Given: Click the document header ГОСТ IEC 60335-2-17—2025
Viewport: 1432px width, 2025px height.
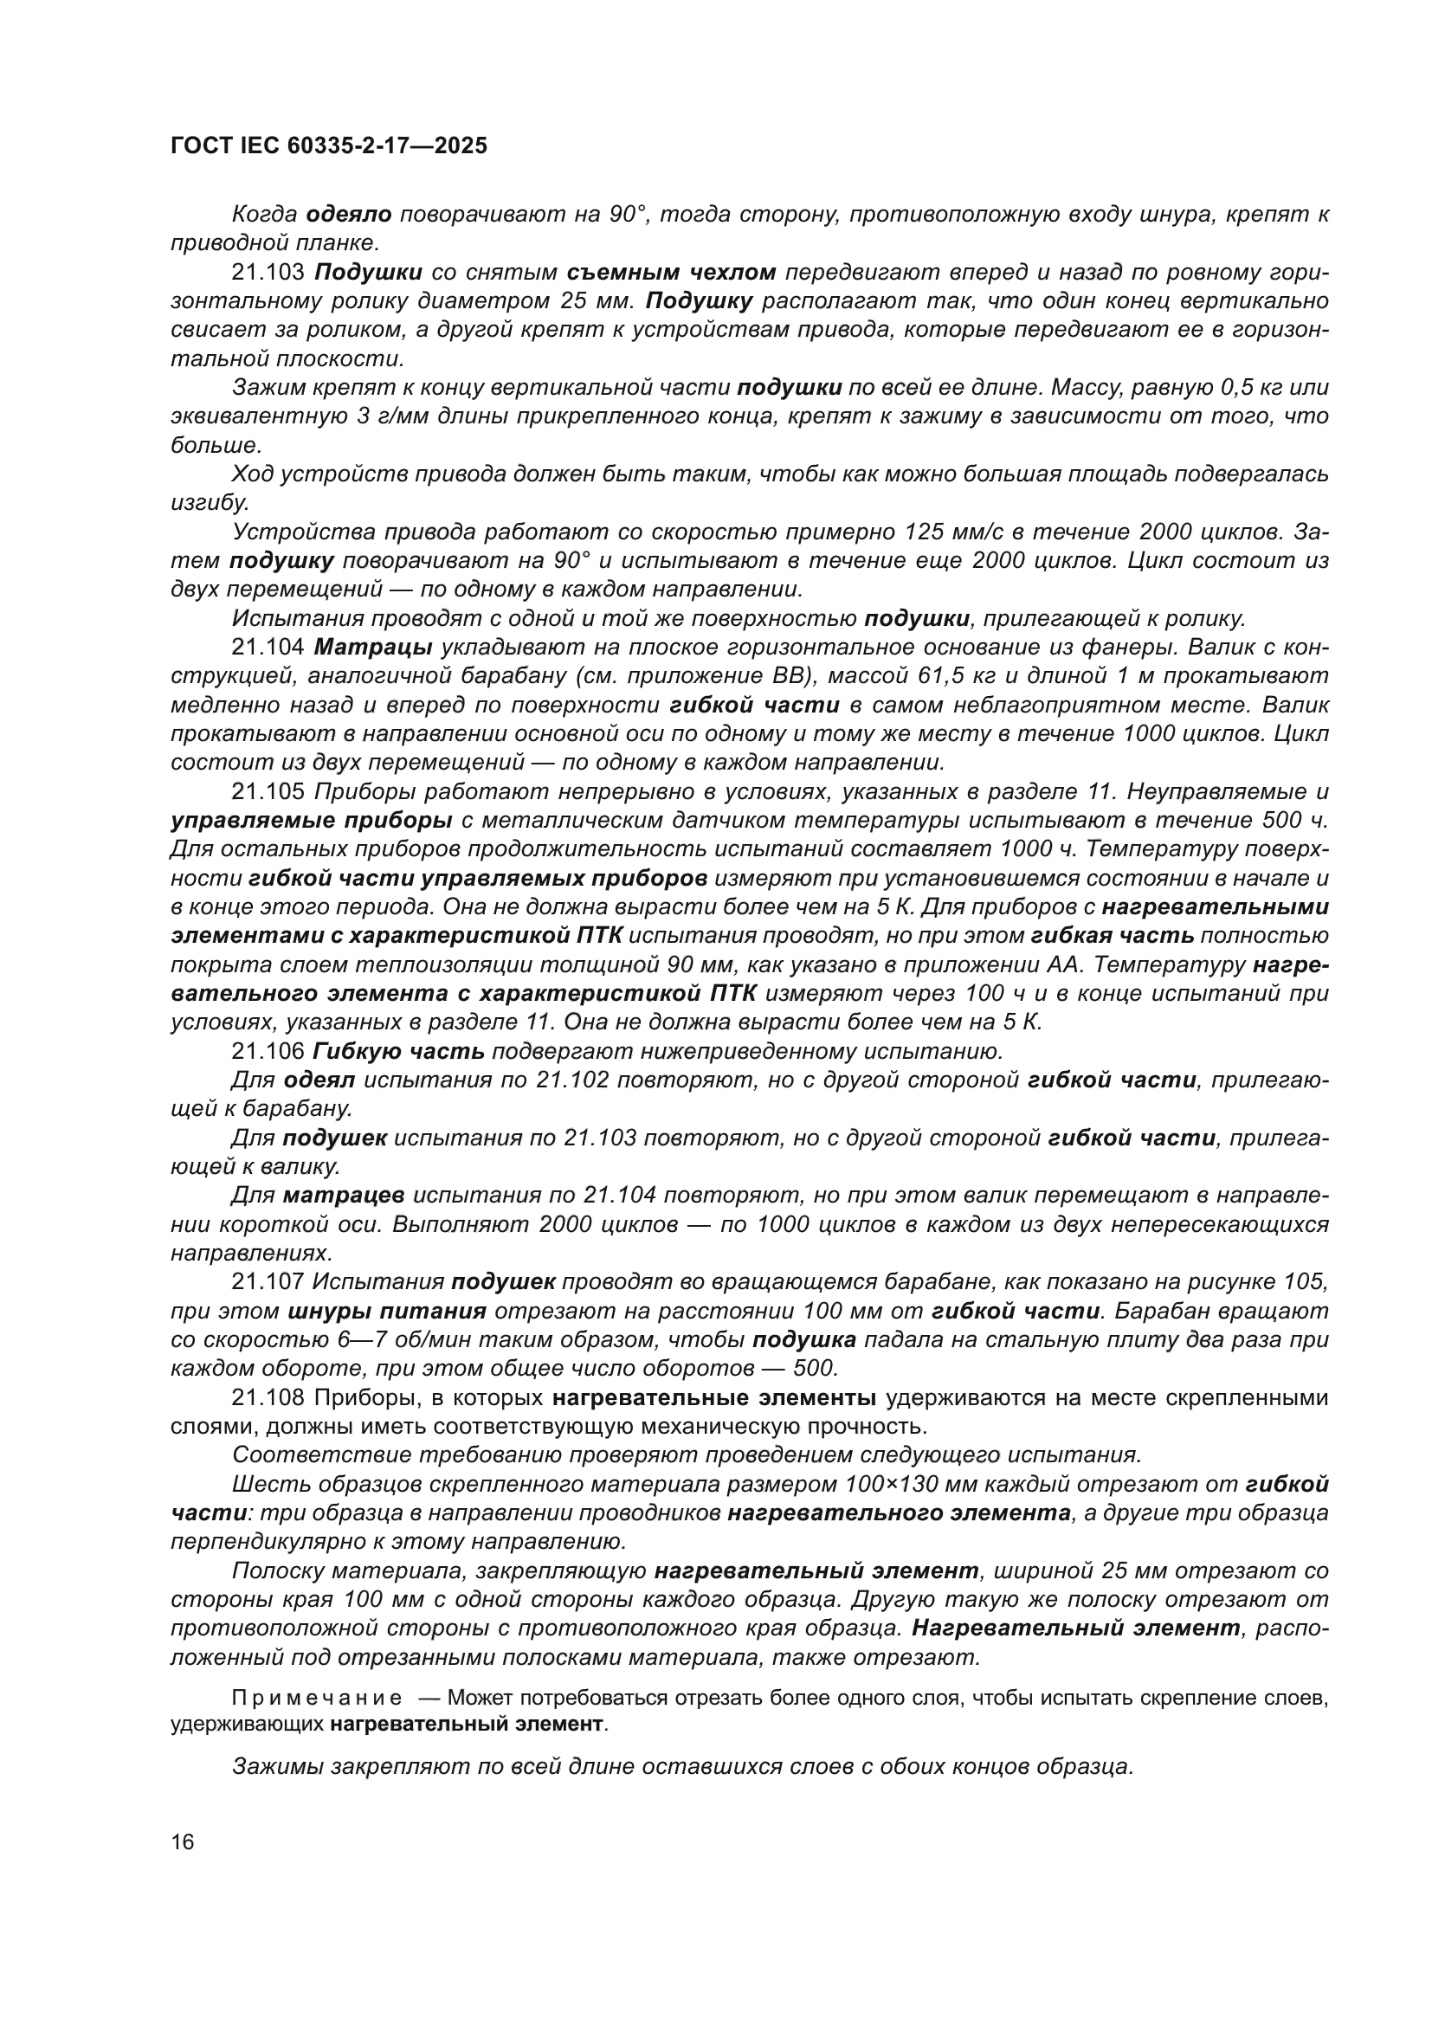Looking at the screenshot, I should pos(329,145).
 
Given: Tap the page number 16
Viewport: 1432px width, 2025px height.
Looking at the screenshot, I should pos(184,1841).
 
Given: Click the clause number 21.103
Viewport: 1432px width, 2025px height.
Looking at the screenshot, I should pos(268,273).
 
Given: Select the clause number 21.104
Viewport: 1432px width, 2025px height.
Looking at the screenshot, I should pos(268,648).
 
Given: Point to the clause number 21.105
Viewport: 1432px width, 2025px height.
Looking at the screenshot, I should pos(268,792).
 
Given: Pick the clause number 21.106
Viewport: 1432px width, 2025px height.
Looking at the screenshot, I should pos(268,1051).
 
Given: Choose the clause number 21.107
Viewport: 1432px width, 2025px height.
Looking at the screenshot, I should pos(268,1282).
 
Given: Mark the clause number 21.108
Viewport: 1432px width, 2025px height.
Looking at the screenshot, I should pos(268,1398).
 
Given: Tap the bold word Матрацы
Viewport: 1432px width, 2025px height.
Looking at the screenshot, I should pos(373,648).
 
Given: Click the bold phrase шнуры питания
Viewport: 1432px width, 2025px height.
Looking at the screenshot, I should pos(387,1312).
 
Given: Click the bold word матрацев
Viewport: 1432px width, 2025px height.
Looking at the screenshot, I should pos(344,1196).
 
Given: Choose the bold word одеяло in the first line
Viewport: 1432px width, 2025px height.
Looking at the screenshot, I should pos(349,215).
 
